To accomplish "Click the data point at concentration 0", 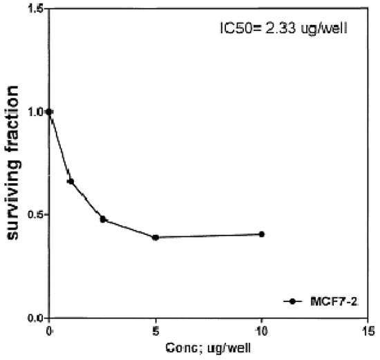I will pos(48,111).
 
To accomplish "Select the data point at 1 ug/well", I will pos(70,181).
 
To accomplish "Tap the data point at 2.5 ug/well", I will pos(103,219).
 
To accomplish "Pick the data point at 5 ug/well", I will pos(156,237).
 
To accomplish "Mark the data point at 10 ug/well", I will pos(262,234).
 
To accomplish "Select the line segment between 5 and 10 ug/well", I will pos(209,236).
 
